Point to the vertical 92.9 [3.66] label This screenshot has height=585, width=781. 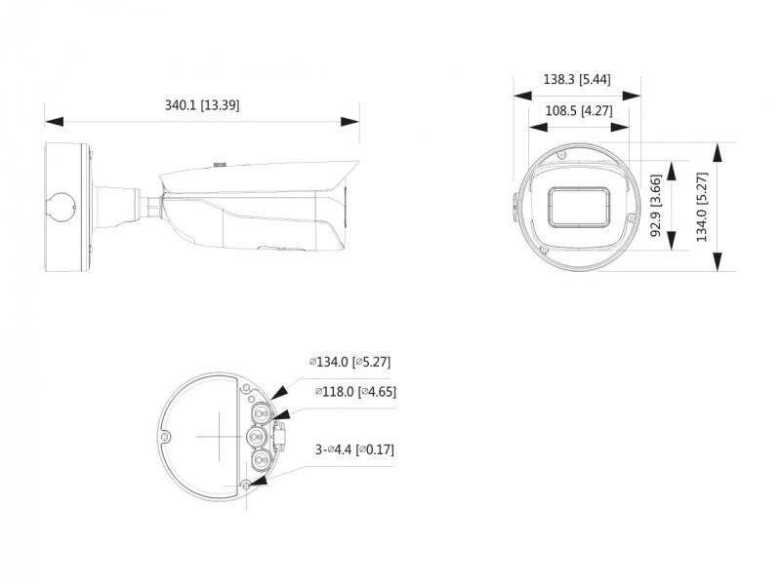[x=657, y=207]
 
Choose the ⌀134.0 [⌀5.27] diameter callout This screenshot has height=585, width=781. [x=350, y=362]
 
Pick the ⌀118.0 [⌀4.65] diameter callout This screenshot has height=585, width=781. [x=355, y=392]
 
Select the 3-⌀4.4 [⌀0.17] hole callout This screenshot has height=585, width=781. [x=354, y=450]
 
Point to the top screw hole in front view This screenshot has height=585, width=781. [x=561, y=154]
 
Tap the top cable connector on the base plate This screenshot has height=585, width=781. [x=260, y=413]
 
